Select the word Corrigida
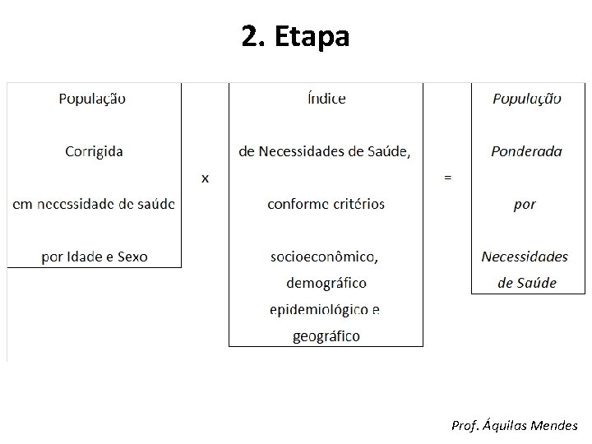(93, 150)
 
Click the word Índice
(326, 99)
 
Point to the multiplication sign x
(205, 178)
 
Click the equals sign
(447, 177)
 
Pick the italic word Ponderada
(526, 150)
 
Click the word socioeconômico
(325, 257)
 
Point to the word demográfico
(326, 283)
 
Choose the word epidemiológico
(319, 310)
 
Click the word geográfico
(326, 335)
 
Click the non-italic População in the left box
(92, 99)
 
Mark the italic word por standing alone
(525, 204)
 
